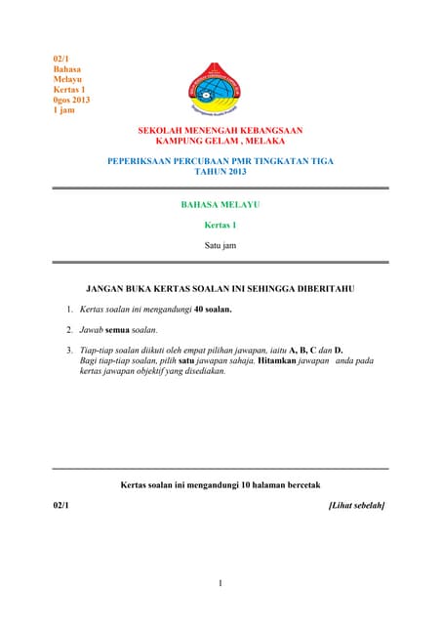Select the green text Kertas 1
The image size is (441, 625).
click(220, 225)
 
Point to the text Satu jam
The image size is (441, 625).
click(220, 246)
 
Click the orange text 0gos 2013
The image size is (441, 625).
click(71, 100)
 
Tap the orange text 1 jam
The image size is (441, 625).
click(64, 110)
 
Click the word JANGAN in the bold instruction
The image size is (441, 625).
click(109, 289)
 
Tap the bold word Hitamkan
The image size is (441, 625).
click(278, 361)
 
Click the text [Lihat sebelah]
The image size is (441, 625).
click(357, 505)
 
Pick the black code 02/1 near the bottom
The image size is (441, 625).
click(60, 505)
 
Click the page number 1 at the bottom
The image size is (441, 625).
click(220, 583)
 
